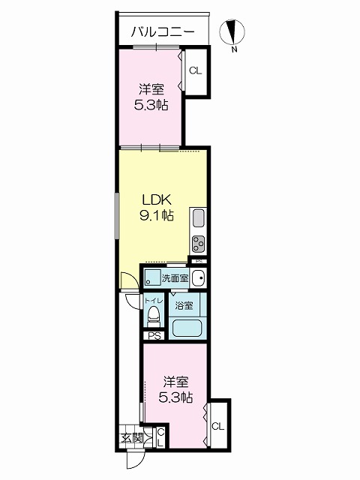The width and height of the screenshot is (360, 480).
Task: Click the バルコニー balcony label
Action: [163, 32]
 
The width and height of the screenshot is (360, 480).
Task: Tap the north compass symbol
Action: [232, 32]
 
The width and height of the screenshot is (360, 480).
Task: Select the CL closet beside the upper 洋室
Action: [196, 71]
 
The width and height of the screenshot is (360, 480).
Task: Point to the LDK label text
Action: [156, 200]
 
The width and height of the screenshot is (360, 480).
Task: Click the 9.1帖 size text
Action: [157, 216]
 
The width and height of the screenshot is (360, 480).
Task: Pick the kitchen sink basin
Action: [198, 218]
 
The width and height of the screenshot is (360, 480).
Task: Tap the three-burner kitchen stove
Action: [198, 244]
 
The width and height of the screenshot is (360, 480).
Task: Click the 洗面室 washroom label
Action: [175, 278]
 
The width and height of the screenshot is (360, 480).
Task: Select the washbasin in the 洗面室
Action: [198, 278]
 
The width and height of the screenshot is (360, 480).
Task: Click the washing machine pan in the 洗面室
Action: [152, 278]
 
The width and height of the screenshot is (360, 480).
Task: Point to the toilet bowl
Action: [153, 316]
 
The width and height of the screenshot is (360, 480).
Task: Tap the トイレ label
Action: [153, 301]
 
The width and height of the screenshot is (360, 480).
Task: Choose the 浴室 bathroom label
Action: [184, 305]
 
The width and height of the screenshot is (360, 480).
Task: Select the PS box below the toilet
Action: [154, 336]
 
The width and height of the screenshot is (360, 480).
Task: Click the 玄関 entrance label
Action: [132, 438]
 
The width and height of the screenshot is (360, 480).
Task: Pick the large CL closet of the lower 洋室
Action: [218, 426]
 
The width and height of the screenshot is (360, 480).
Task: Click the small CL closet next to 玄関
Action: [160, 438]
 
